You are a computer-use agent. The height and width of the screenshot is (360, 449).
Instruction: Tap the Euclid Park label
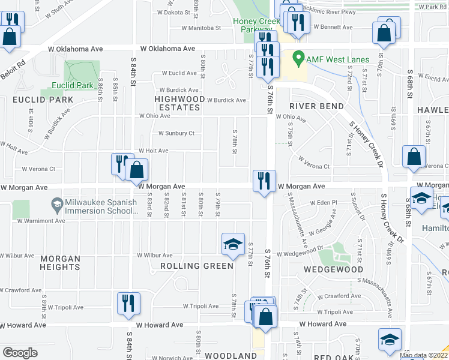73,85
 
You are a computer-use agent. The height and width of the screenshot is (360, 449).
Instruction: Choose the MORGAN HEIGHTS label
60,263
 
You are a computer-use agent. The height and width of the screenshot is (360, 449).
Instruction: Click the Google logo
20,353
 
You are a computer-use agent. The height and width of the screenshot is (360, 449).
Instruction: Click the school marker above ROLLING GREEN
233,245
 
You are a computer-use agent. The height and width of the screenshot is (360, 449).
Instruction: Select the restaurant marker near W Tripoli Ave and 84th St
128,304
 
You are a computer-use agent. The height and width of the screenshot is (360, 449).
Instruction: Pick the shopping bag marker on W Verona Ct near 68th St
414,158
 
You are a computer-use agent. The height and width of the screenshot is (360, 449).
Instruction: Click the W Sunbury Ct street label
176,133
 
